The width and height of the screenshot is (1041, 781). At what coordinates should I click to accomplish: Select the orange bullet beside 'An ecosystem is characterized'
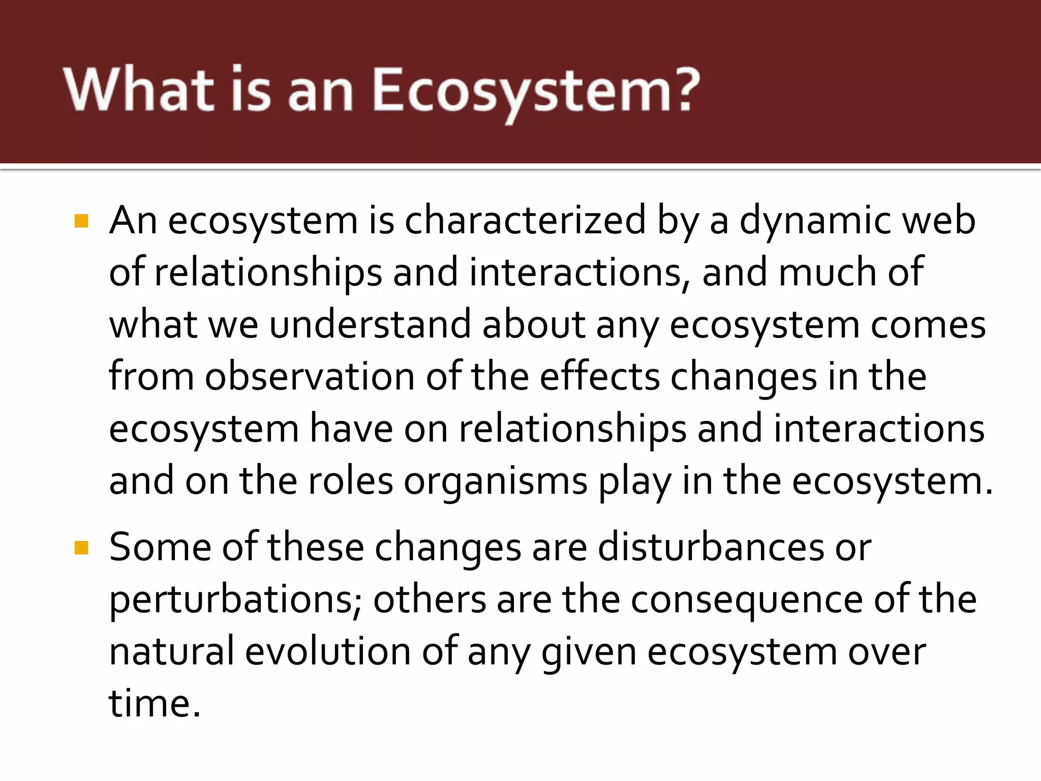[x=81, y=221]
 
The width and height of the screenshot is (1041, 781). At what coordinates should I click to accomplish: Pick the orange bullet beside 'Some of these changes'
[x=81, y=548]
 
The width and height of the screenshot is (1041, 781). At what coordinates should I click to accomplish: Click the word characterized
[x=525, y=221]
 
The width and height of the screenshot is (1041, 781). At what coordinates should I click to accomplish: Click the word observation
[x=310, y=377]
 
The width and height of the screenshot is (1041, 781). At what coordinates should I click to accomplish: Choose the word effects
[x=599, y=377]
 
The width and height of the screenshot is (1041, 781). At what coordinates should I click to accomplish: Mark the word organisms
[x=496, y=481]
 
